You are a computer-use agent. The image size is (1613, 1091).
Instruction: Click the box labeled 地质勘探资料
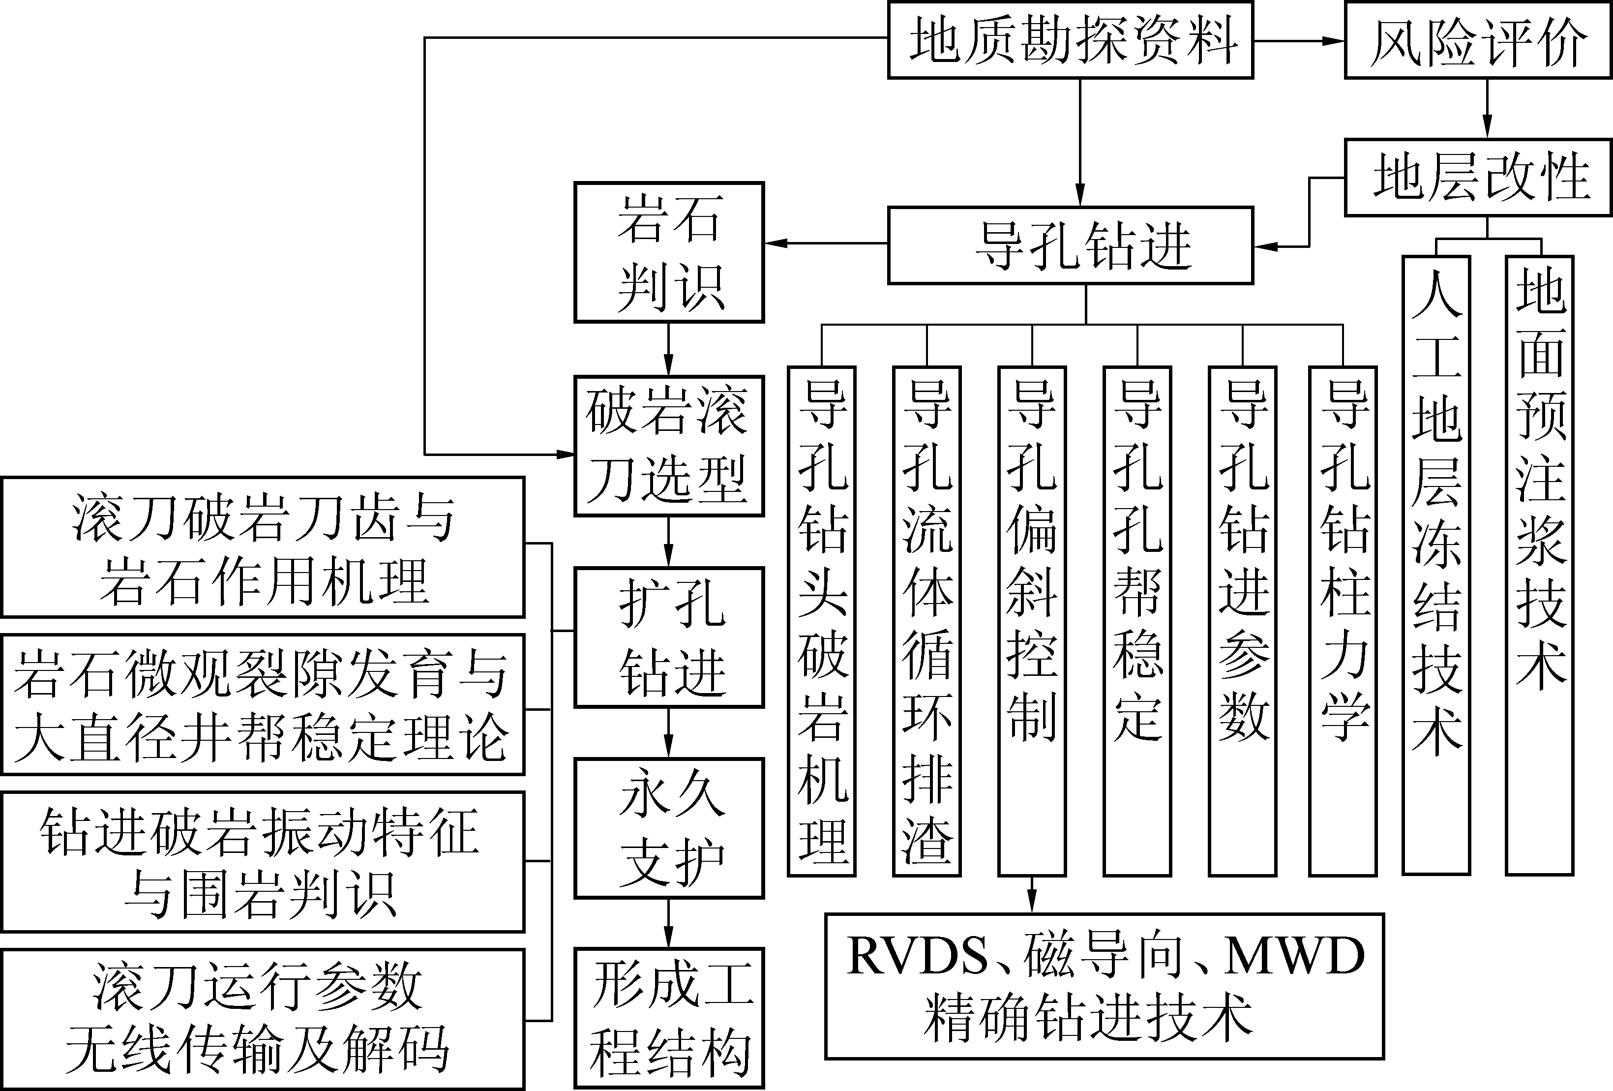pyautogui.click(x=1070, y=40)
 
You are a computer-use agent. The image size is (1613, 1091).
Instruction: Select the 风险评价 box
pyautogui.click(x=1478, y=40)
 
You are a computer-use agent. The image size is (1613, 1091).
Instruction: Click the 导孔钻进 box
pyautogui.click(x=1070, y=245)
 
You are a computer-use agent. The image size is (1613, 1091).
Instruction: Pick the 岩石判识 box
pyautogui.click(x=669, y=253)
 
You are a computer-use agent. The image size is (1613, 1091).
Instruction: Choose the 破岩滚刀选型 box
pyautogui.click(x=669, y=446)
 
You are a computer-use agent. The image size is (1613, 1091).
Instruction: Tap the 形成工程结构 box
pyautogui.click(x=669, y=1018)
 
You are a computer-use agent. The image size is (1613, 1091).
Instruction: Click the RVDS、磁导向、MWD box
pyautogui.click(x=1104, y=986)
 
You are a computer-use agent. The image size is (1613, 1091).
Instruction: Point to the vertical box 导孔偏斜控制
pyautogui.click(x=1032, y=621)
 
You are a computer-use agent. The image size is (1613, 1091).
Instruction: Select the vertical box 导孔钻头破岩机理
pyautogui.click(x=822, y=621)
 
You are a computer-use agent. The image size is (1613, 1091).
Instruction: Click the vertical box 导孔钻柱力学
pyautogui.click(x=1343, y=621)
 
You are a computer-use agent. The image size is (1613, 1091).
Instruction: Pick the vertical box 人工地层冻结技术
pyautogui.click(x=1436, y=566)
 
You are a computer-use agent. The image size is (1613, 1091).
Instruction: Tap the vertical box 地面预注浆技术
pyautogui.click(x=1539, y=566)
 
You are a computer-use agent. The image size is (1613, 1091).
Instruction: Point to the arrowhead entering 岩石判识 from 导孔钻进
pyautogui.click(x=775, y=243)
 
